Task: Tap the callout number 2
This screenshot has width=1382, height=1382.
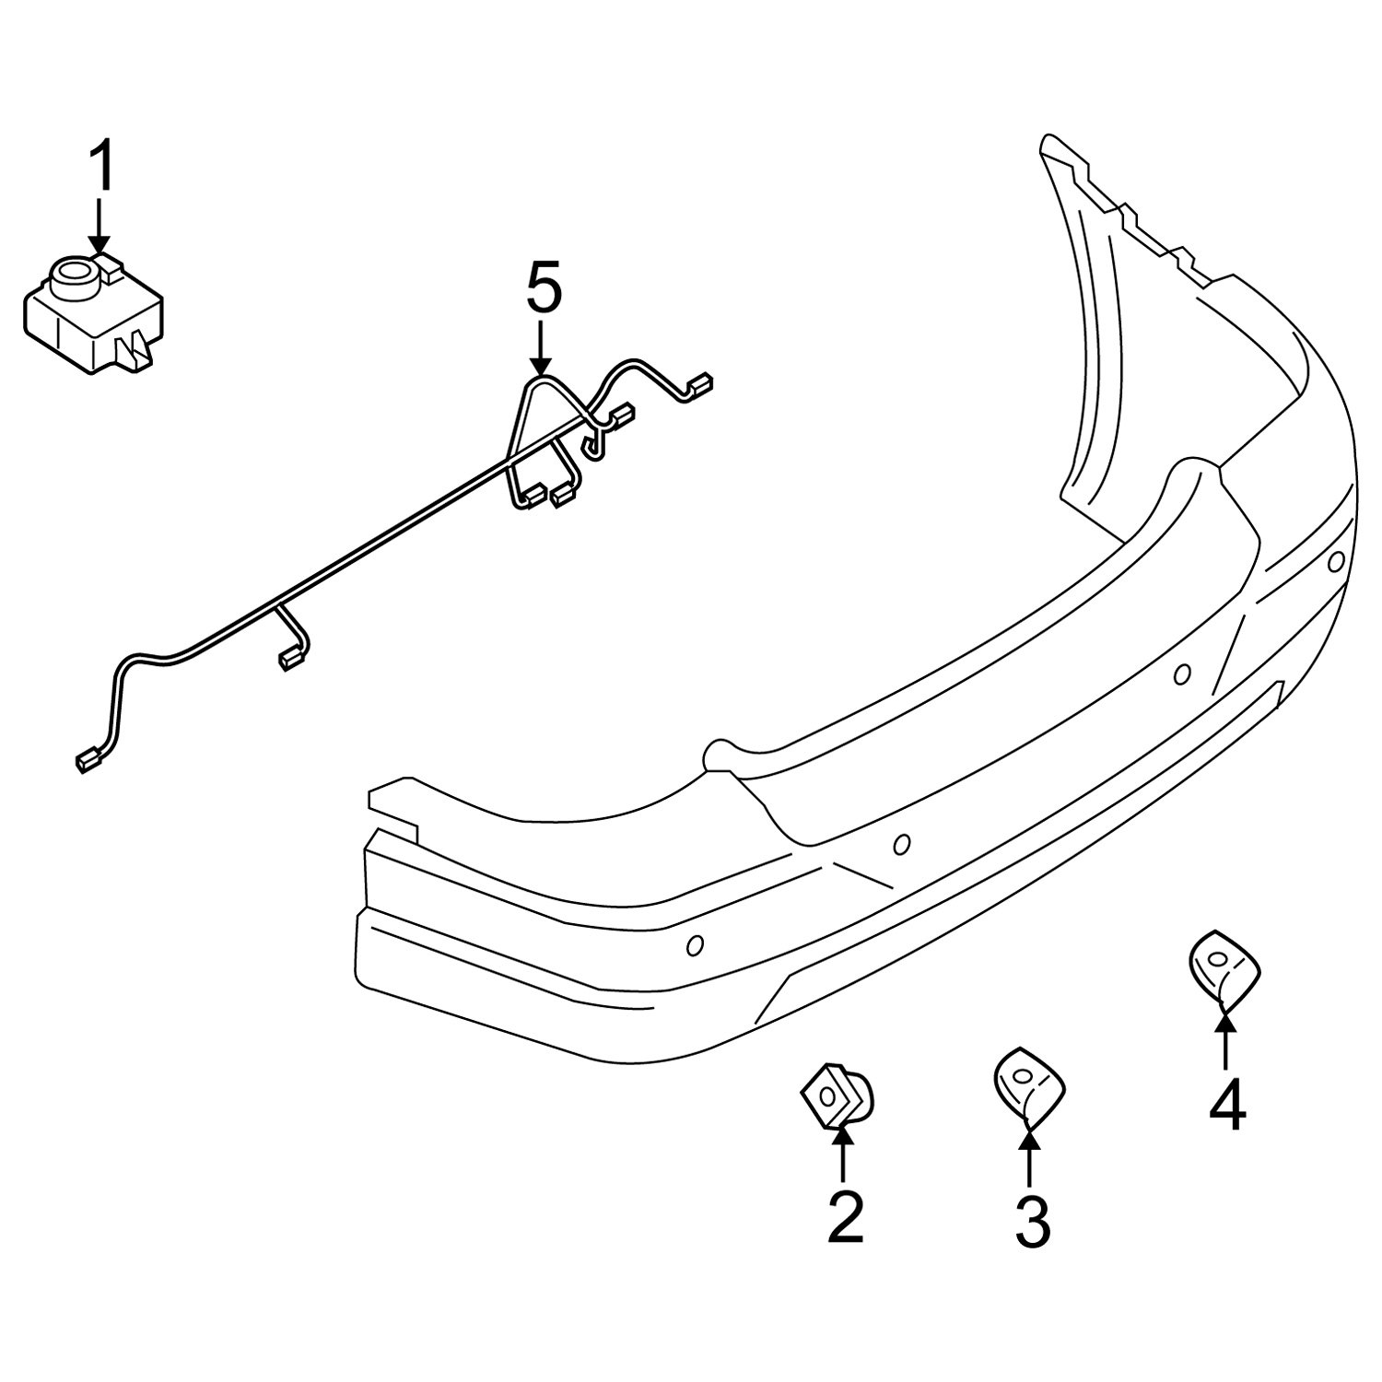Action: click(845, 1216)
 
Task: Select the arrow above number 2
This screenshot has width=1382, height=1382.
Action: click(843, 1154)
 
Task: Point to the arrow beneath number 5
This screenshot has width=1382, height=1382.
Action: click(541, 350)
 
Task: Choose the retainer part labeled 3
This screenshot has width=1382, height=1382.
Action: click(1025, 1080)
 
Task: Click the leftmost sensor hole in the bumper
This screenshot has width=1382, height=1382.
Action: click(697, 943)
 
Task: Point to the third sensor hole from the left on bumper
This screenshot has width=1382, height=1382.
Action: click(1182, 675)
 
